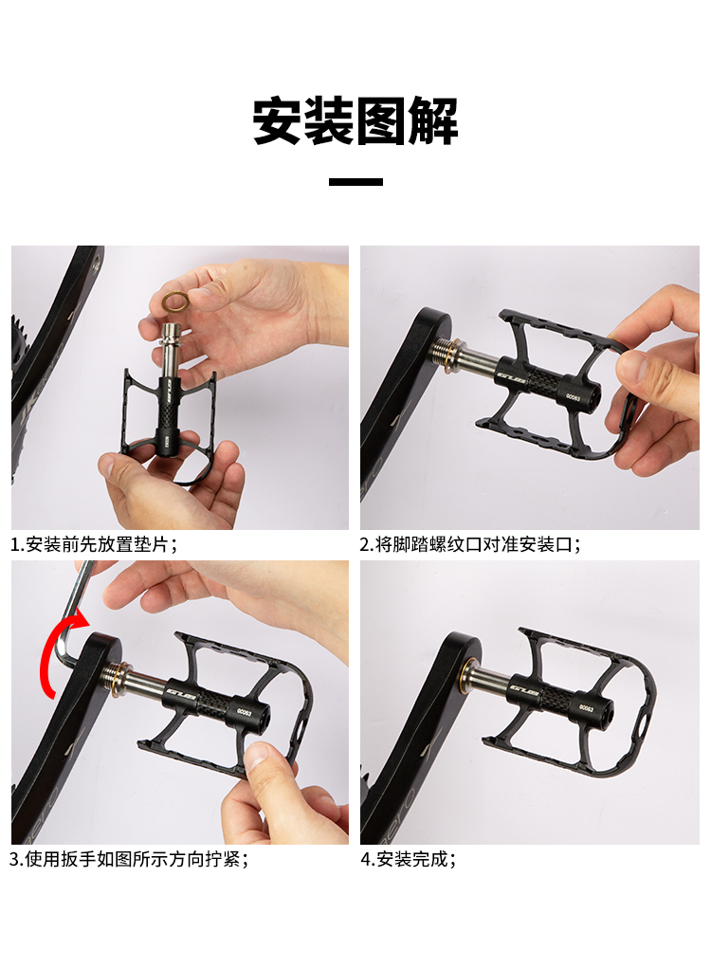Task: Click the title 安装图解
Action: pyautogui.click(x=355, y=120)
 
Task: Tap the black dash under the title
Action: pyautogui.click(x=355, y=181)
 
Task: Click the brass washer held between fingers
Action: pyautogui.click(x=176, y=302)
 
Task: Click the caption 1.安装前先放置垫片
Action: pyautogui.click(x=95, y=544)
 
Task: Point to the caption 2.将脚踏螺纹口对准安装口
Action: pyautogui.click(x=470, y=544)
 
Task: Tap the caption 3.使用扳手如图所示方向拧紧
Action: pyautogui.click(x=129, y=859)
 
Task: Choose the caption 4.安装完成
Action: pyautogui.click(x=409, y=859)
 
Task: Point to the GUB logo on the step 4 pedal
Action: pyautogui.click(x=525, y=688)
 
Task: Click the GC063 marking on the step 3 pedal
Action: pyautogui.click(x=245, y=712)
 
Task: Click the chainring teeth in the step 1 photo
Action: pyautogui.click(x=19, y=346)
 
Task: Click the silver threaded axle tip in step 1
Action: pyautogui.click(x=172, y=334)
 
